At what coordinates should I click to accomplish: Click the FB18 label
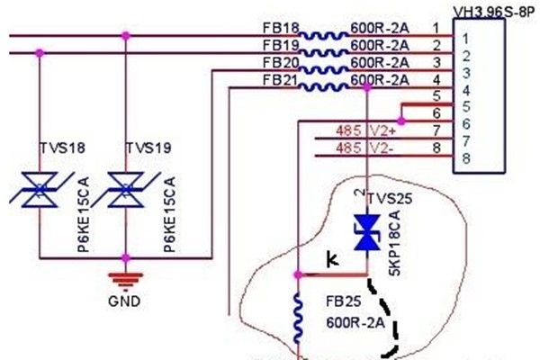(x=279, y=30)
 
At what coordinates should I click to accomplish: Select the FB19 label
(x=279, y=44)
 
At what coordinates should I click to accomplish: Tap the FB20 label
(x=279, y=62)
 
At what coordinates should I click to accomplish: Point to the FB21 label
(x=279, y=80)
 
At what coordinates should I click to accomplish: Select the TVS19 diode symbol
(x=125, y=190)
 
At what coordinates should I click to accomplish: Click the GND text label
(x=123, y=301)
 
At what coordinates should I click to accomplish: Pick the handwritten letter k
(x=333, y=260)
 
